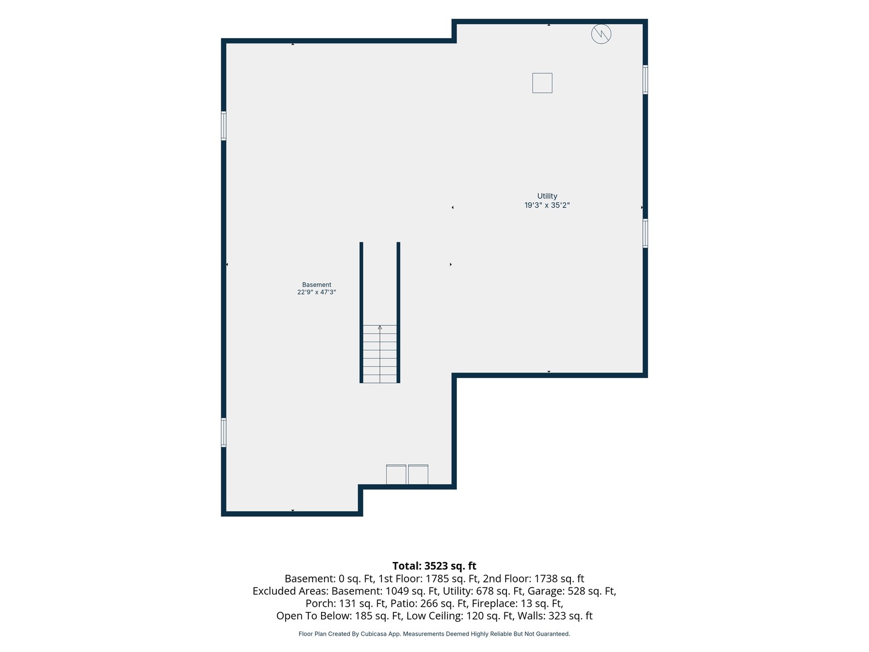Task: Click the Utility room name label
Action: click(547, 196)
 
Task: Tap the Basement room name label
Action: click(316, 284)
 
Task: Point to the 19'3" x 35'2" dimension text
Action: click(547, 205)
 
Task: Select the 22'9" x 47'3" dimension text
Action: click(316, 292)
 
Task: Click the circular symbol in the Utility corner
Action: click(601, 34)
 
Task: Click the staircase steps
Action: click(380, 354)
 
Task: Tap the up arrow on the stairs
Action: click(380, 327)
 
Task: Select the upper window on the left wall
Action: click(224, 126)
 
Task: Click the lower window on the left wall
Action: click(224, 433)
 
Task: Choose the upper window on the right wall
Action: click(645, 80)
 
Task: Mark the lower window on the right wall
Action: click(645, 234)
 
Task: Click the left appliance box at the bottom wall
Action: click(396, 475)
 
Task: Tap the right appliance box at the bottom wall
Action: click(418, 475)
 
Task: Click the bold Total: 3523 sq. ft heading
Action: click(434, 566)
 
